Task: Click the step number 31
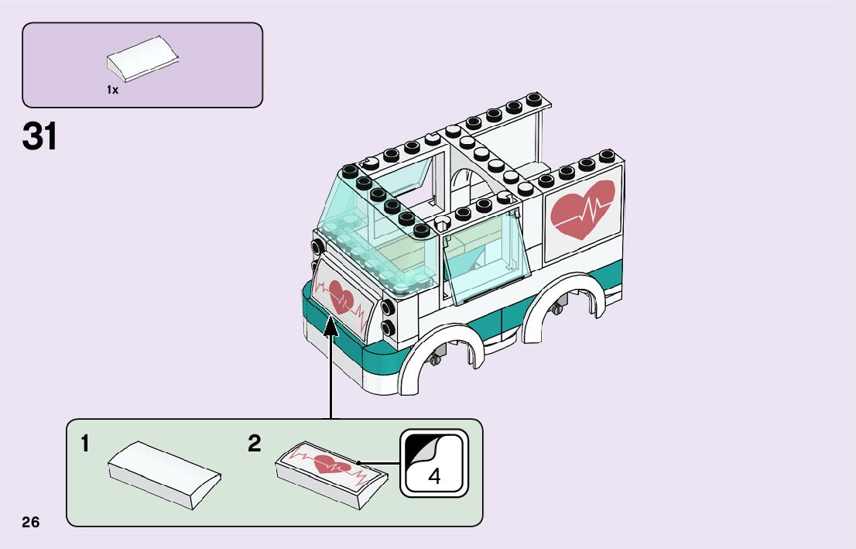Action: pos(40,137)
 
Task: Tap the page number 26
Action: pos(31,522)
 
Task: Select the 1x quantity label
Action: pos(112,91)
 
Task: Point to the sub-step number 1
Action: pos(84,444)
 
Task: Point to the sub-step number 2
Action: pos(255,444)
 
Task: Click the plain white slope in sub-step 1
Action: pos(165,474)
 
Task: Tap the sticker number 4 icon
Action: pos(434,463)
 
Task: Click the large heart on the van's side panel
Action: pos(582,208)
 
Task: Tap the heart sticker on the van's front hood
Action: pos(341,295)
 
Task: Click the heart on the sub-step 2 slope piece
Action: pos(334,466)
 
